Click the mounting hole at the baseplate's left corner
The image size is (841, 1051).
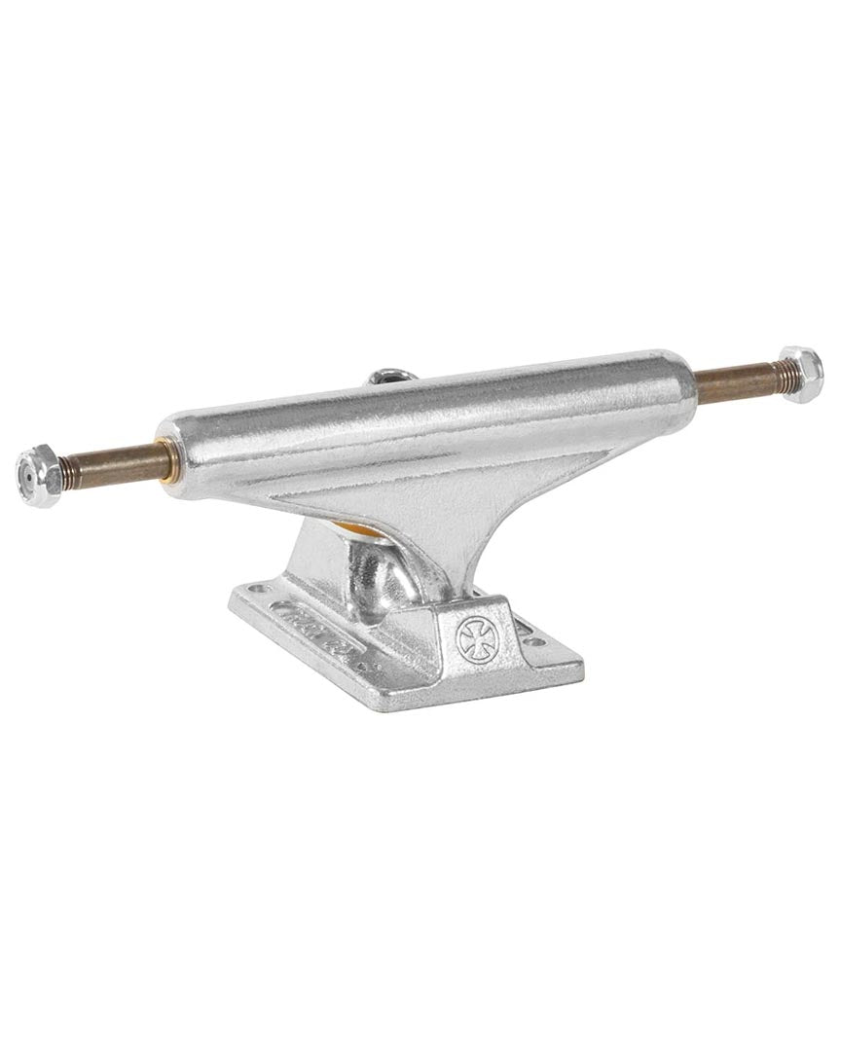(255, 589)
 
